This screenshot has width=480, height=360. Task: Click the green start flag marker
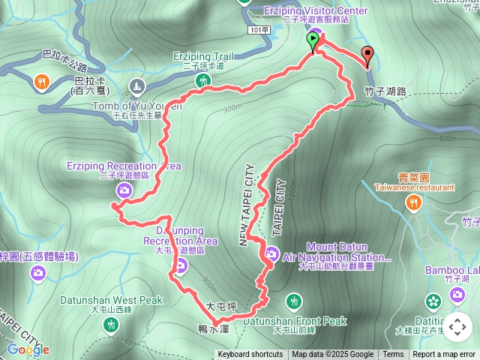(x=313, y=40)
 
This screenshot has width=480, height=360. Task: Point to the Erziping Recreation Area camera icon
(x=125, y=190)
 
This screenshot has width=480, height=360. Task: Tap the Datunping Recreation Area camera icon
(x=181, y=264)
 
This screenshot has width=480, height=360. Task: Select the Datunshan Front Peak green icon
(x=295, y=301)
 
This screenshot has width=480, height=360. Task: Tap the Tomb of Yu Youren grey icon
(x=136, y=85)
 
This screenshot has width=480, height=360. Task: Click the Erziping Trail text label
(x=203, y=55)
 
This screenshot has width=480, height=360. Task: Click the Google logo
(x=28, y=349)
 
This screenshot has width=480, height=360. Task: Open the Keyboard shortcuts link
(x=250, y=355)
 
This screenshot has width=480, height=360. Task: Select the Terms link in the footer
(x=393, y=355)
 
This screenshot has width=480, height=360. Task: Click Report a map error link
(x=443, y=355)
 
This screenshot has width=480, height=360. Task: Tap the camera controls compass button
(x=457, y=326)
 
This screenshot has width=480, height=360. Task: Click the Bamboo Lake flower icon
(x=433, y=301)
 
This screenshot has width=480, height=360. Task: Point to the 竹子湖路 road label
(x=385, y=90)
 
